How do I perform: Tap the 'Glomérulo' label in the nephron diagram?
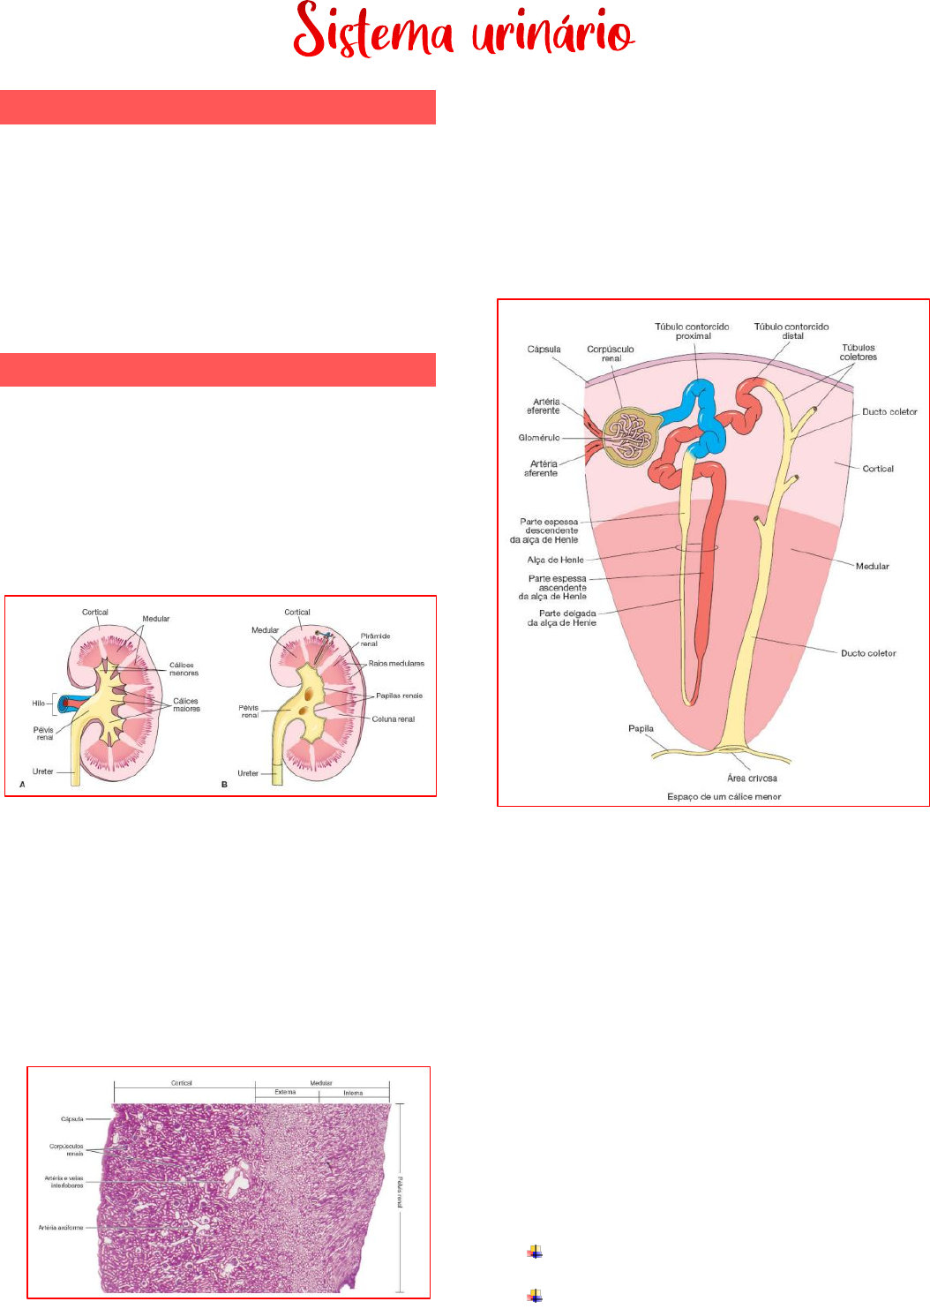click(539, 438)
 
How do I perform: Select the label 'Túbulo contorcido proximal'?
click(692, 331)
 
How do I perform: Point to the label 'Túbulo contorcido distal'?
click(791, 331)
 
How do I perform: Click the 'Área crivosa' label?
click(752, 779)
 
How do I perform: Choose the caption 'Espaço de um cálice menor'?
click(724, 796)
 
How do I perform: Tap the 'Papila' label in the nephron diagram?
click(641, 729)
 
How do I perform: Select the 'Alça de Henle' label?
click(555, 560)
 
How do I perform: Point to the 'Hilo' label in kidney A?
click(39, 703)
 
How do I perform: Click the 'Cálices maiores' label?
click(186, 704)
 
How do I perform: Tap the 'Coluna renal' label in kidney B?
click(393, 719)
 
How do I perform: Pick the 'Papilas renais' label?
click(399, 696)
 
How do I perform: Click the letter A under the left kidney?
click(22, 784)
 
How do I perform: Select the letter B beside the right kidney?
click(224, 784)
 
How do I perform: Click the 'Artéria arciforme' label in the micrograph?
click(61, 1228)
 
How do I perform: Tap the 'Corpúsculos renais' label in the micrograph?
click(67, 1149)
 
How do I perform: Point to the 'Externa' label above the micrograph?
click(285, 1092)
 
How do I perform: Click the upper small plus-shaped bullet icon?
click(535, 1251)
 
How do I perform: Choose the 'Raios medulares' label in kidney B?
click(396, 663)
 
